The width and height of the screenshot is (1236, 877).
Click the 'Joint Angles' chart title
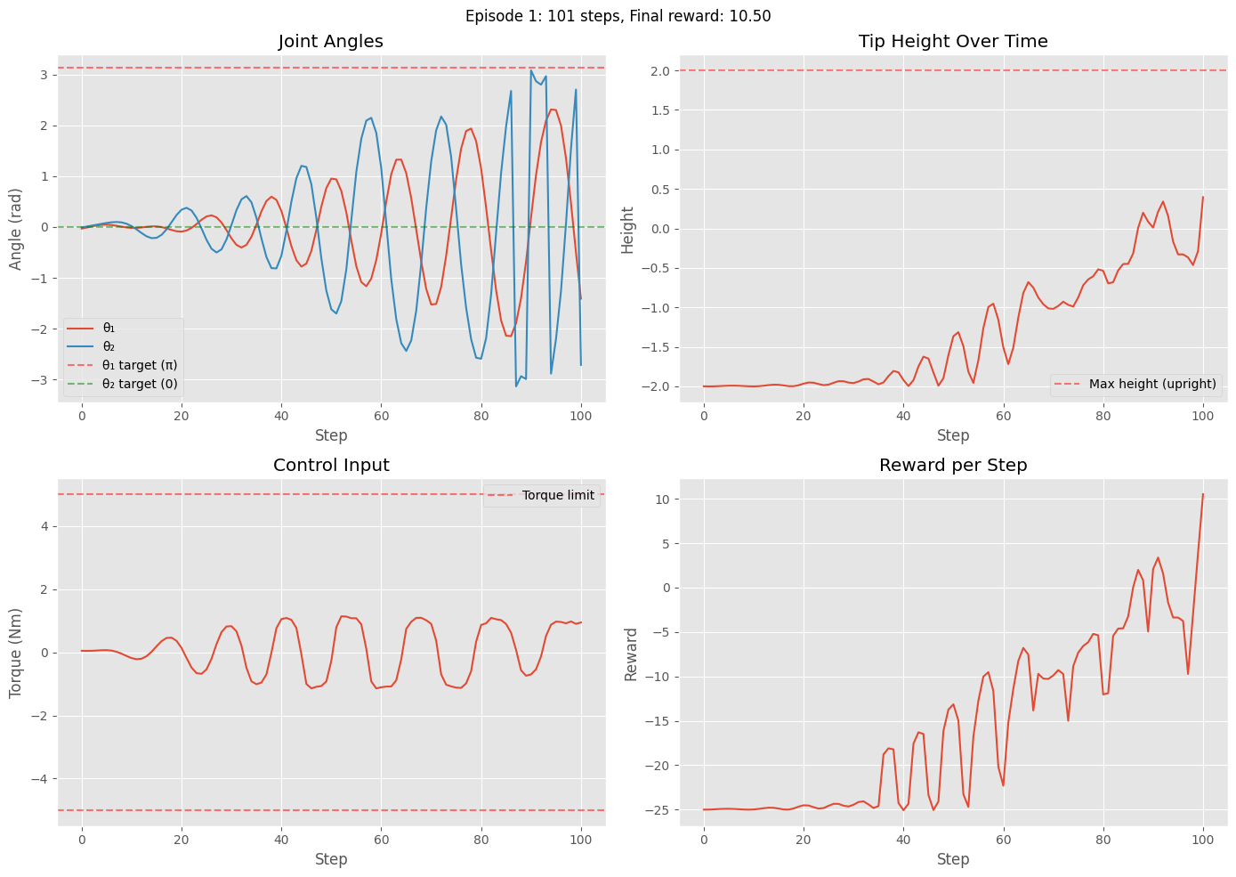331,41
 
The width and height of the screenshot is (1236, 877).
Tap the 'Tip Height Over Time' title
953,41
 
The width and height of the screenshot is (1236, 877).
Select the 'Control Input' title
331,465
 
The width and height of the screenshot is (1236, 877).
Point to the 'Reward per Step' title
953,465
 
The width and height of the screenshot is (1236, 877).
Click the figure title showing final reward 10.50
618,16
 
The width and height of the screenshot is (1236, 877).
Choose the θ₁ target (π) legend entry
140,365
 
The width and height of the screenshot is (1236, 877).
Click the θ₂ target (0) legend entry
140,385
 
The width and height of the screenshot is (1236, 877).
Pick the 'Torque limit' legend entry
558,496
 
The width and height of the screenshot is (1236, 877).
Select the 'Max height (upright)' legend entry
1152,385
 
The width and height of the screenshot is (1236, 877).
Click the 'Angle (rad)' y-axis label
16,229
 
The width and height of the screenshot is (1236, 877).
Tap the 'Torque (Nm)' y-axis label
16,653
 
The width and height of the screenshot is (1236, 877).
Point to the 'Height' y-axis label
628,229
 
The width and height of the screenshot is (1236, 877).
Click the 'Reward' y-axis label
632,654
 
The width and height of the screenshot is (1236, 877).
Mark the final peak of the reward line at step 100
1203,494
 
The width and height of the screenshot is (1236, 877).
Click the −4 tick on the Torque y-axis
41,779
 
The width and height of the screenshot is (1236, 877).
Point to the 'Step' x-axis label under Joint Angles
331,435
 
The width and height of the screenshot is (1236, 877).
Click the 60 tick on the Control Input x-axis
381,840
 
